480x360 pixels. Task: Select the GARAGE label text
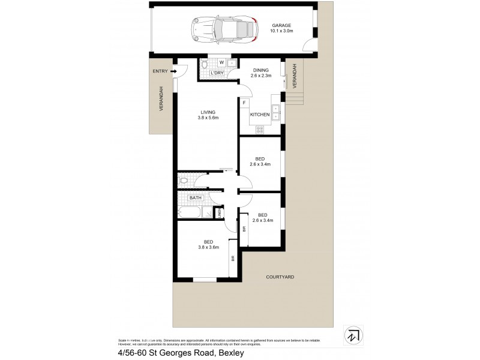coord(281,25)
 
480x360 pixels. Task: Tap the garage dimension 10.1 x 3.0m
coord(281,31)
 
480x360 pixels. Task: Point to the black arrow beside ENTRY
coord(173,71)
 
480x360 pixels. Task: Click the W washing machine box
coord(221,62)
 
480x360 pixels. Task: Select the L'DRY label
coord(217,73)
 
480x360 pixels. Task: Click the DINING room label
coord(260,70)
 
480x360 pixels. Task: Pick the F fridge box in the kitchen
coord(244,103)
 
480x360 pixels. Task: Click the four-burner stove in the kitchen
coord(260,128)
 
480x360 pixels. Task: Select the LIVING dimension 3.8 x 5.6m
coord(208,118)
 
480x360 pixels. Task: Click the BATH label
coord(196,197)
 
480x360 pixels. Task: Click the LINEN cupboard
coord(220,212)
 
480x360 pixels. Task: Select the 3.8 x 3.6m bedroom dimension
coord(208,247)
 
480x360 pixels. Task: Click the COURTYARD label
coord(281,277)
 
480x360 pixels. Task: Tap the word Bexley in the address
coord(228,353)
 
